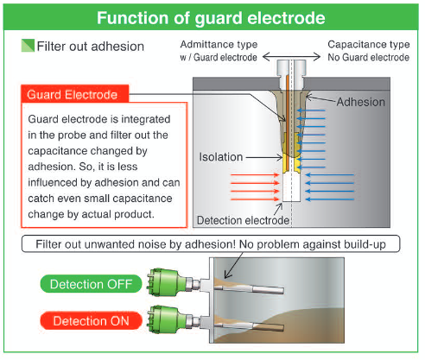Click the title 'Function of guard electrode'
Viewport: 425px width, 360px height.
(x=211, y=18)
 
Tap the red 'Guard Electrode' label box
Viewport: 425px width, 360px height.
(x=75, y=93)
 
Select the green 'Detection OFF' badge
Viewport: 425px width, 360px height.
(x=91, y=284)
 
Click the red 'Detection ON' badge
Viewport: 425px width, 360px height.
(x=91, y=320)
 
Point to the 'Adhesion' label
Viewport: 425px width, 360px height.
(x=361, y=102)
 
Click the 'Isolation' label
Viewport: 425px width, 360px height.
(x=221, y=157)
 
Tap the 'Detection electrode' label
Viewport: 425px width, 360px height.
(x=243, y=220)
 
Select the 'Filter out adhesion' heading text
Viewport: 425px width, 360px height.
(x=91, y=47)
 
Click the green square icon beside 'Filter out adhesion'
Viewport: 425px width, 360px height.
(x=28, y=46)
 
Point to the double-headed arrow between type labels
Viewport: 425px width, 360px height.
(x=292, y=57)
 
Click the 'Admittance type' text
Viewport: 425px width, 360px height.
(x=219, y=45)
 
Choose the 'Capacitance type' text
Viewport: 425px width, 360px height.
(x=369, y=45)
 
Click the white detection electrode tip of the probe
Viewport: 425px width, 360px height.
(x=291, y=187)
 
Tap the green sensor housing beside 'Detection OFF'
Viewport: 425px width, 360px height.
(x=164, y=283)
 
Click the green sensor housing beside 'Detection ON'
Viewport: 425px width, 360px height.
(x=164, y=319)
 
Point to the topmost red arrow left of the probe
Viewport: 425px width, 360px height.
(x=255, y=174)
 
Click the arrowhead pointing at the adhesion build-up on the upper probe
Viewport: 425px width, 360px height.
(x=227, y=275)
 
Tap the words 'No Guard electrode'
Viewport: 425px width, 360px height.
(x=369, y=57)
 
